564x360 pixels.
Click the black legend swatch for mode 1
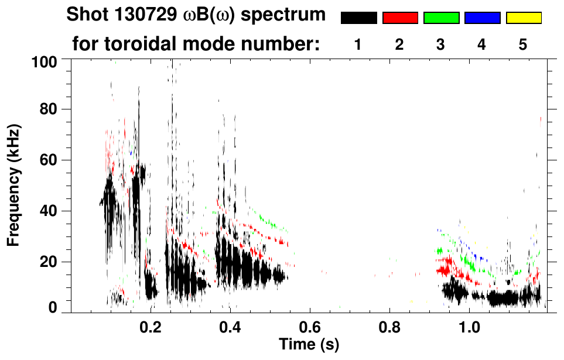(358, 18)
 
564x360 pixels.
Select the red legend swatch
(400, 18)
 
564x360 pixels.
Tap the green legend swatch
(441, 18)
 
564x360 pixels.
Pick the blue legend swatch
(482, 18)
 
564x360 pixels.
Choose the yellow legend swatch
(524, 18)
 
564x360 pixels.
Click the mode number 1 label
(358, 45)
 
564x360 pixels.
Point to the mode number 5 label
(524, 45)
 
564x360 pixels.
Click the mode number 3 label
(441, 45)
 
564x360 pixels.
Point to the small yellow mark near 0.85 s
(412, 301)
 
